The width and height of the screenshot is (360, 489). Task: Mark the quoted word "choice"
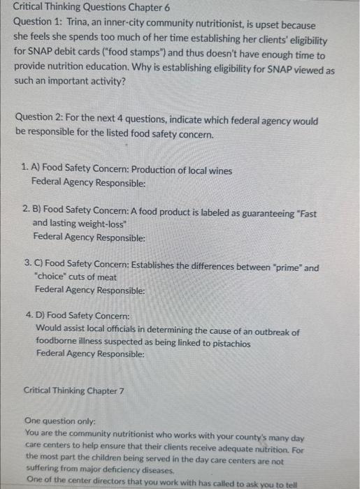click(51, 278)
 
